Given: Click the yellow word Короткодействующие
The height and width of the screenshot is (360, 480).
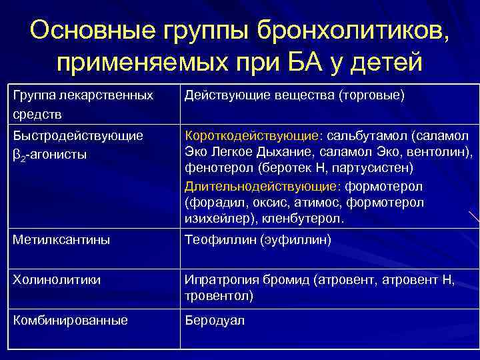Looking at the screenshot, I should point(251,136).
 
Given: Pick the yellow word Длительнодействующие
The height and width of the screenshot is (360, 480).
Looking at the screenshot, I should point(256,185).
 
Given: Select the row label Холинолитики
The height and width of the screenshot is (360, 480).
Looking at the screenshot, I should point(57,280).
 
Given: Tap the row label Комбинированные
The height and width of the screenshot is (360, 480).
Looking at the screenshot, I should point(71,321).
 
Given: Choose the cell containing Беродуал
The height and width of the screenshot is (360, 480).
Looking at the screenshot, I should point(215,321).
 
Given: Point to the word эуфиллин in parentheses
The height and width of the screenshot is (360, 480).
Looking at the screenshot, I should point(295,239).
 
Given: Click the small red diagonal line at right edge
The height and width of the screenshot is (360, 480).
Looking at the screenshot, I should point(473,216).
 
